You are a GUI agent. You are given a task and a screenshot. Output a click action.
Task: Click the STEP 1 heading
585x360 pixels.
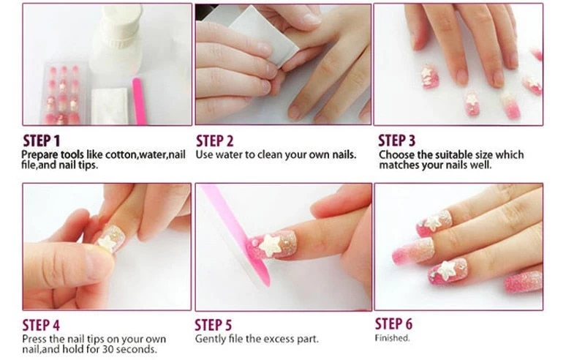pos(42,140)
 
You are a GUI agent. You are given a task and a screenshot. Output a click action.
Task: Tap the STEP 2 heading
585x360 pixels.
pos(215,140)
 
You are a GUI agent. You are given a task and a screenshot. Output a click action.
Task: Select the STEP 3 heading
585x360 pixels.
pos(396,140)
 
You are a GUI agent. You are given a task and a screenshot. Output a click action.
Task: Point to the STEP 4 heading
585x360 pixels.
pos(41,325)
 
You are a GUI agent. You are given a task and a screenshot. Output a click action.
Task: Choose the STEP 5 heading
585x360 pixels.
pos(213,325)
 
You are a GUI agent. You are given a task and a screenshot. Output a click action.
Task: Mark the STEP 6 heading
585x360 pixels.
pos(393,323)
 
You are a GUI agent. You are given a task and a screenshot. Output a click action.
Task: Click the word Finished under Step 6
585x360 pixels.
pos(392,338)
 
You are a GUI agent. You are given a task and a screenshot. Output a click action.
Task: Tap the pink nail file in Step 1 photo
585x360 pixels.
pos(139,101)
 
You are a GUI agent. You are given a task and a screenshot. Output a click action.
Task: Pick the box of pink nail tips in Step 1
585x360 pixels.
pos(64,94)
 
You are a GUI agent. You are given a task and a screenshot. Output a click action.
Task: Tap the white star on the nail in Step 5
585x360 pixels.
pos(271,244)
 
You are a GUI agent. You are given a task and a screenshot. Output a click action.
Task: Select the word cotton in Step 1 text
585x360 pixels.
pos(121,155)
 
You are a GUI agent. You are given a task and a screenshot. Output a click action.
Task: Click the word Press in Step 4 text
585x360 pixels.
pos(34,339)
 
